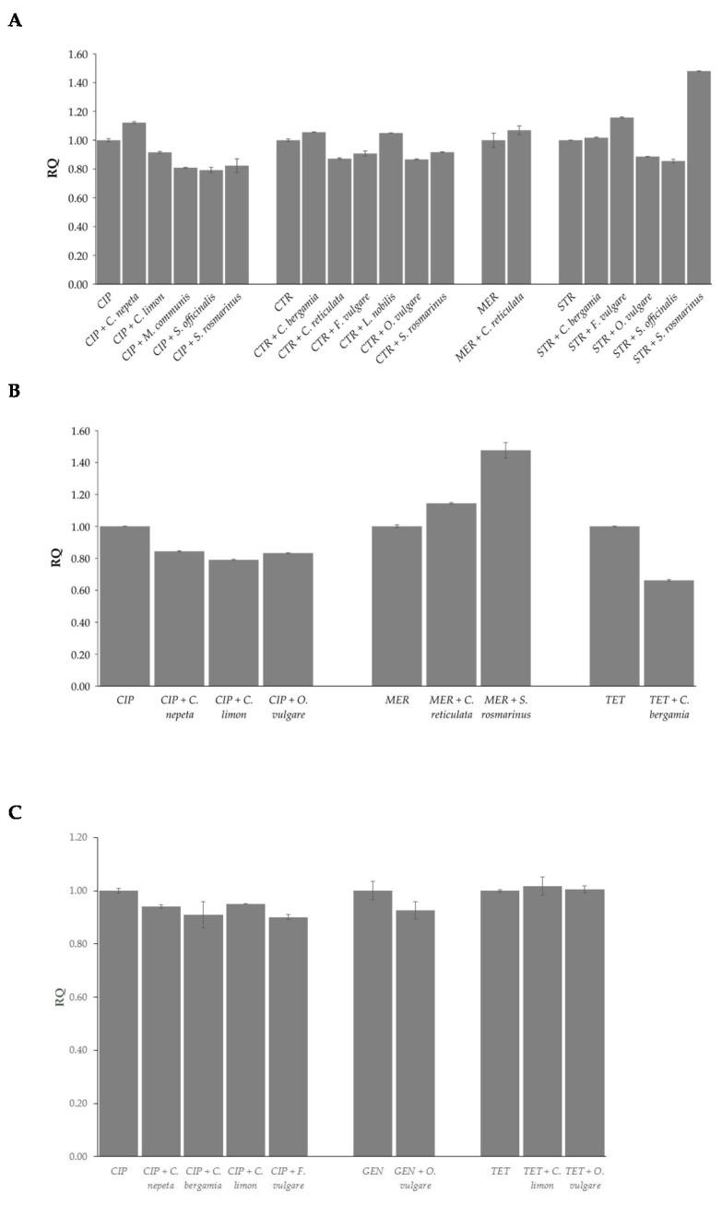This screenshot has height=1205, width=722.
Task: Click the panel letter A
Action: [x=14, y=20]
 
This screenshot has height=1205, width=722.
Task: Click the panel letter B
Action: [x=14, y=390]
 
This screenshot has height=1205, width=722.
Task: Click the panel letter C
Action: [x=14, y=812]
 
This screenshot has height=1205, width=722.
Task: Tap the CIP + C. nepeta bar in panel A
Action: [x=135, y=203]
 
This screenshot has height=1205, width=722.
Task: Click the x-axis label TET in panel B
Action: [x=614, y=701]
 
